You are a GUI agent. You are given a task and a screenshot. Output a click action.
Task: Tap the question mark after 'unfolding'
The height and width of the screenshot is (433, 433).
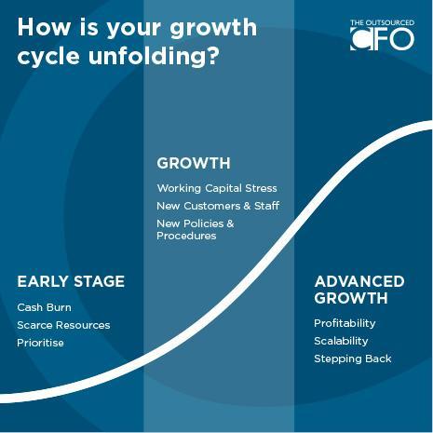212,55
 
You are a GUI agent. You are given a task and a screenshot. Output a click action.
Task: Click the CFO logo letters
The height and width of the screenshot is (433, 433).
383,39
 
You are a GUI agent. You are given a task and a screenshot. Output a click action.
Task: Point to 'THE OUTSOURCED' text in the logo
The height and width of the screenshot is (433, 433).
383,23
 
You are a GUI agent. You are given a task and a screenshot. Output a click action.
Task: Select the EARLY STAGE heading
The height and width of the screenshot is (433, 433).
71,281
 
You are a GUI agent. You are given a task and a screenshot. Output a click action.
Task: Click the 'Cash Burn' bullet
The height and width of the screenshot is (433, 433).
45,307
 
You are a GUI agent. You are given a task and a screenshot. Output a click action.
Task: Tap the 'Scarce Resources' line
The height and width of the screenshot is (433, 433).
63,325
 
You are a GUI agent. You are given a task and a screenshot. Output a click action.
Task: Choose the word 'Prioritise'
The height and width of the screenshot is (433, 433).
41,343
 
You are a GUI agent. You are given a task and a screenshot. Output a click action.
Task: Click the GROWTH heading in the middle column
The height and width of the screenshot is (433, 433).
194,163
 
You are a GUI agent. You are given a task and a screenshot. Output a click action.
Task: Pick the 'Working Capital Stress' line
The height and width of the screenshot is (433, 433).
217,188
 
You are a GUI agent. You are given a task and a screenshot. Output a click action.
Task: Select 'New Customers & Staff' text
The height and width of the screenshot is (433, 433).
218,206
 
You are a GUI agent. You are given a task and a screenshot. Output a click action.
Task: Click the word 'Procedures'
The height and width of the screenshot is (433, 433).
186,236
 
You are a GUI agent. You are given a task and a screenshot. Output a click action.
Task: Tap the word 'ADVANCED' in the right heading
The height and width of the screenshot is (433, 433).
359,281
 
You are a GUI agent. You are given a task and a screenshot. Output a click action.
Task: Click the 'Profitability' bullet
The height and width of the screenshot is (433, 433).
345,323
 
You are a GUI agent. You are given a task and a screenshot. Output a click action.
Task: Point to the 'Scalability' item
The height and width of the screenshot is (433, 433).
341,341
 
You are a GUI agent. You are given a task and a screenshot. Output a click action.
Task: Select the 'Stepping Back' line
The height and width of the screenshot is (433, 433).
353,359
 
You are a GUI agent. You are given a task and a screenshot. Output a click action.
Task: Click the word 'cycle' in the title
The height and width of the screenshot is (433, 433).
48,57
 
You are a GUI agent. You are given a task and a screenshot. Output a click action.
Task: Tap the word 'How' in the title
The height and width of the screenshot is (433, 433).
44,27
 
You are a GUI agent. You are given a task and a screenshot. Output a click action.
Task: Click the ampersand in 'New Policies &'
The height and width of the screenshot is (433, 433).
230,223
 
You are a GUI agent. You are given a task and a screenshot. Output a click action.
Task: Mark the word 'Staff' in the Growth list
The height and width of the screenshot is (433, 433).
267,206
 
